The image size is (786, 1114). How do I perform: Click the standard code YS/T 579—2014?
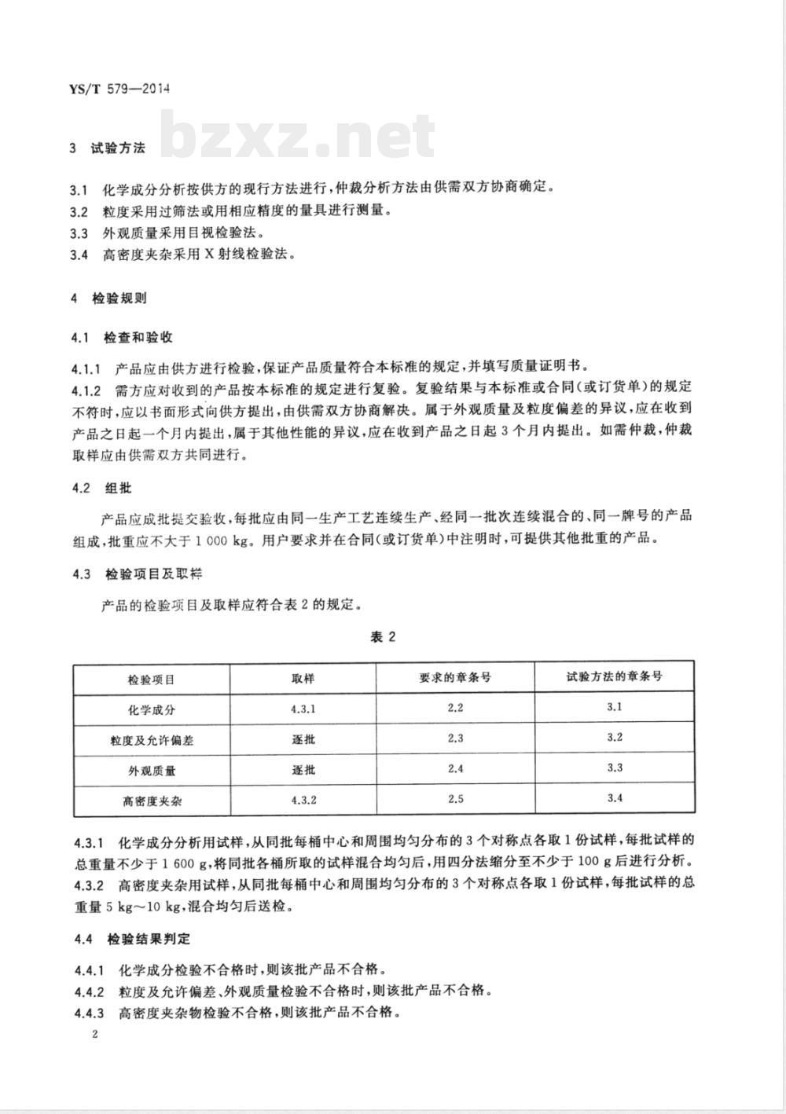[x=120, y=88]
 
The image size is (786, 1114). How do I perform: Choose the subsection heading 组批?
[x=118, y=488]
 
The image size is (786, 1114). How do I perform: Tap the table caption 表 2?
[x=383, y=636]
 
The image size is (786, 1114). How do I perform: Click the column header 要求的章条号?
[x=455, y=677]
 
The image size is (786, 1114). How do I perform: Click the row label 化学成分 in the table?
[x=152, y=709]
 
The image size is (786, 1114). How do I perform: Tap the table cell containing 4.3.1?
[x=303, y=709]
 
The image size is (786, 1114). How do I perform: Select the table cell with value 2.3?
[x=455, y=738]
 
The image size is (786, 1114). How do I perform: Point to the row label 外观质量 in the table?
[x=152, y=770]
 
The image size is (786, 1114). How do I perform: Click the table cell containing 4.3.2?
[x=303, y=800]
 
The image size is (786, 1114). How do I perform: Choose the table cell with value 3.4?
[x=615, y=798]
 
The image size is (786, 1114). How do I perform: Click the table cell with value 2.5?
[x=455, y=800]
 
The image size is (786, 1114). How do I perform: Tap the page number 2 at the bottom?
[x=95, y=1035]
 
